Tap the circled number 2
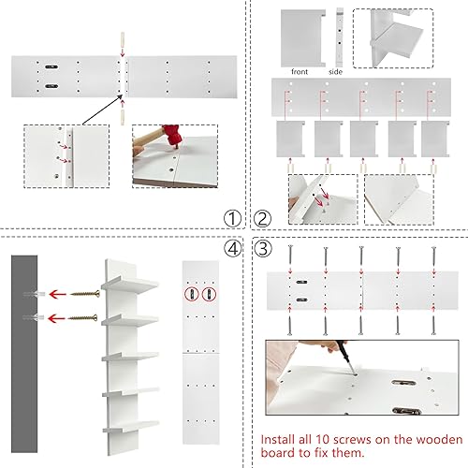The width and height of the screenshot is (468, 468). coord(263,219)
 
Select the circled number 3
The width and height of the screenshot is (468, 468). coord(263,249)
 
